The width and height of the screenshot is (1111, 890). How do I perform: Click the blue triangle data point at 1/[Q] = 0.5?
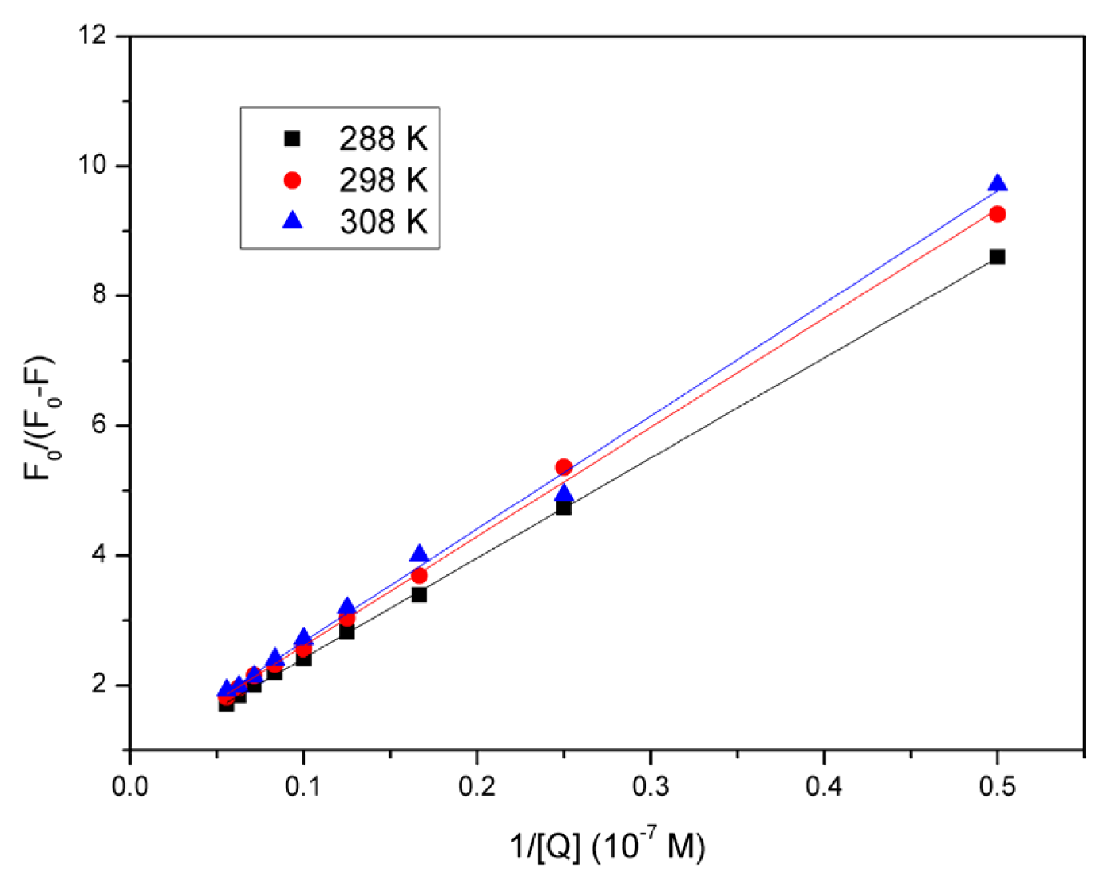[x=998, y=184]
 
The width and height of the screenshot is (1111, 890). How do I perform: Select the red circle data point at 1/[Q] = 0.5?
[x=998, y=214]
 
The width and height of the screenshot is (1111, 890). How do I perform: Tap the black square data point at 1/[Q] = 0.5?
[x=998, y=257]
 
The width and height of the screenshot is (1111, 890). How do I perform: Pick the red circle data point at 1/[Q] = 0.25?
[x=564, y=466]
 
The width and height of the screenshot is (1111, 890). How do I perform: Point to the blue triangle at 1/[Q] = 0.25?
[x=564, y=494]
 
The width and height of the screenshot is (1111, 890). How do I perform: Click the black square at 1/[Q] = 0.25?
[x=564, y=508]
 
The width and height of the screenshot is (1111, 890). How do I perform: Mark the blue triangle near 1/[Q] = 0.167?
[x=419, y=554]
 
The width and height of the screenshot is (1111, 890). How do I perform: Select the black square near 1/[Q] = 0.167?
[x=419, y=594]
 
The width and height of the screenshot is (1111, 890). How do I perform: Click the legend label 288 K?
[x=383, y=139]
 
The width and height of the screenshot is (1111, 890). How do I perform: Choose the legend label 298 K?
[x=383, y=181]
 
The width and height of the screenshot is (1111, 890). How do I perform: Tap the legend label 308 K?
[x=383, y=222]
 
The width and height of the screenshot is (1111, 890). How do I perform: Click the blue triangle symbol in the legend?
[x=293, y=221]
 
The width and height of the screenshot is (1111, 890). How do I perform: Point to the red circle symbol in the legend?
[x=293, y=181]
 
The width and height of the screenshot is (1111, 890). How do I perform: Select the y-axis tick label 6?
[x=99, y=425]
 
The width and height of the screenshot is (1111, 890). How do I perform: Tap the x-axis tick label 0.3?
[x=650, y=786]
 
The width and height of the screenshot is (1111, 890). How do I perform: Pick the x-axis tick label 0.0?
[x=130, y=786]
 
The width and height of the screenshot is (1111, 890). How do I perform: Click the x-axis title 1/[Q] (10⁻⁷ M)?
[x=607, y=847]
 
